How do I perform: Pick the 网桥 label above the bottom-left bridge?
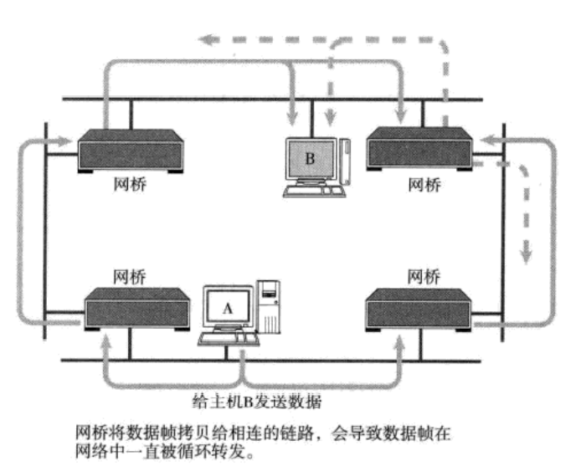(x=128, y=274)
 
